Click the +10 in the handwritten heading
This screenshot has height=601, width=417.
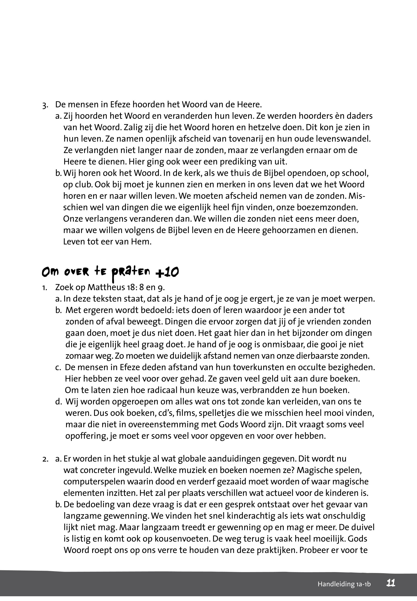167,272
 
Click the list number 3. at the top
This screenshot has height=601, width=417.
45,105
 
